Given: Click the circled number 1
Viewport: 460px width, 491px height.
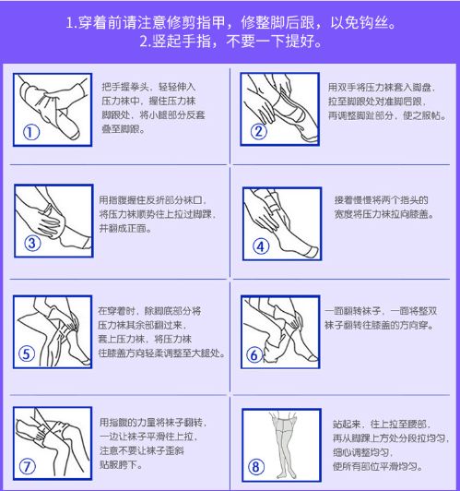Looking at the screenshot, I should click(32, 131).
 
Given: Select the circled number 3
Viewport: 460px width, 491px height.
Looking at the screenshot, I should click(32, 244).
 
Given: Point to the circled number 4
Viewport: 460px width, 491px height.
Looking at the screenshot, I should click(260, 245).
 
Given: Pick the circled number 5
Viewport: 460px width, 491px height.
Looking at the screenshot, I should click(27, 353).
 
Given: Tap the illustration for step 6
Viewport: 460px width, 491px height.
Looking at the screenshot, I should click(281, 328).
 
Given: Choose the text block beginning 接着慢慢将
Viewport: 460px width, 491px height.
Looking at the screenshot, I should click(379, 207).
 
